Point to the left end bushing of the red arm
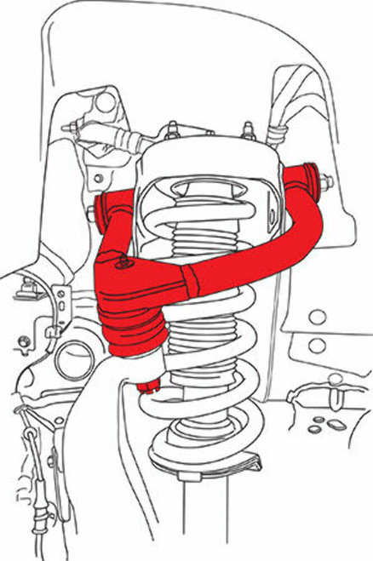click(105, 207)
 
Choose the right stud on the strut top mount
click(250, 131)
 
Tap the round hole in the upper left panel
click(106, 102)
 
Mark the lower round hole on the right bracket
click(316, 345)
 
